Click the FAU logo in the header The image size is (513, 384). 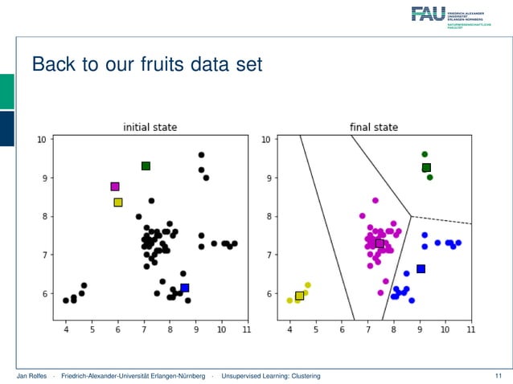tap(427, 13)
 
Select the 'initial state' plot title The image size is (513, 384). tap(150, 127)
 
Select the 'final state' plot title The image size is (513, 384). tap(373, 127)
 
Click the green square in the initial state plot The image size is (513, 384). tap(146, 165)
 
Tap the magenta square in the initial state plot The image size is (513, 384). tap(115, 186)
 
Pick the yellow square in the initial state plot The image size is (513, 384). tap(117, 202)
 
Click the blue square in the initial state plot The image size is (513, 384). tap(184, 288)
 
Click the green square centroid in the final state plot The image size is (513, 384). tap(426, 168)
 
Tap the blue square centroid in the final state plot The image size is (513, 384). tap(420, 269)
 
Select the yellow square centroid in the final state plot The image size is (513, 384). tap(299, 296)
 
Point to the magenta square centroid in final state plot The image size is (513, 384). tap(380, 243)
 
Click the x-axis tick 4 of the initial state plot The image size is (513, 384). tap(66, 329)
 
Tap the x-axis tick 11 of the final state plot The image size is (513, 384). tap(470, 329)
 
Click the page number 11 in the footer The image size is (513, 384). tap(498, 376)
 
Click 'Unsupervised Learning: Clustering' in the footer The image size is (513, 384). tap(271, 376)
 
